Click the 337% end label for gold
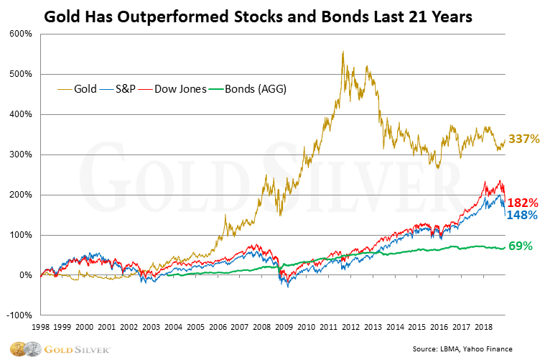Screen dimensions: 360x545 tap(523, 139)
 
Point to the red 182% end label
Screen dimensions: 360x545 tap(523, 203)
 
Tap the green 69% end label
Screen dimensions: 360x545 tap(521, 246)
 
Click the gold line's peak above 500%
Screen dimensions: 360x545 tap(343, 52)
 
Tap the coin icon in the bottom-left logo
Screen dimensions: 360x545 tap(15, 348)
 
